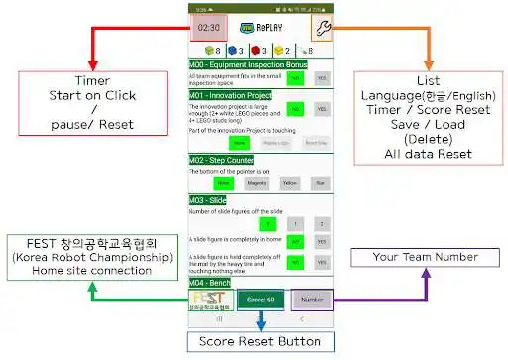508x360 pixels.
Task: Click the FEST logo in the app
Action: click(208, 300)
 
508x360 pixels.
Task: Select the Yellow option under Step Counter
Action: click(290, 182)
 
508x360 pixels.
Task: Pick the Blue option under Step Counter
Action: click(319, 182)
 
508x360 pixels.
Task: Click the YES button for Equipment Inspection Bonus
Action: click(321, 79)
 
